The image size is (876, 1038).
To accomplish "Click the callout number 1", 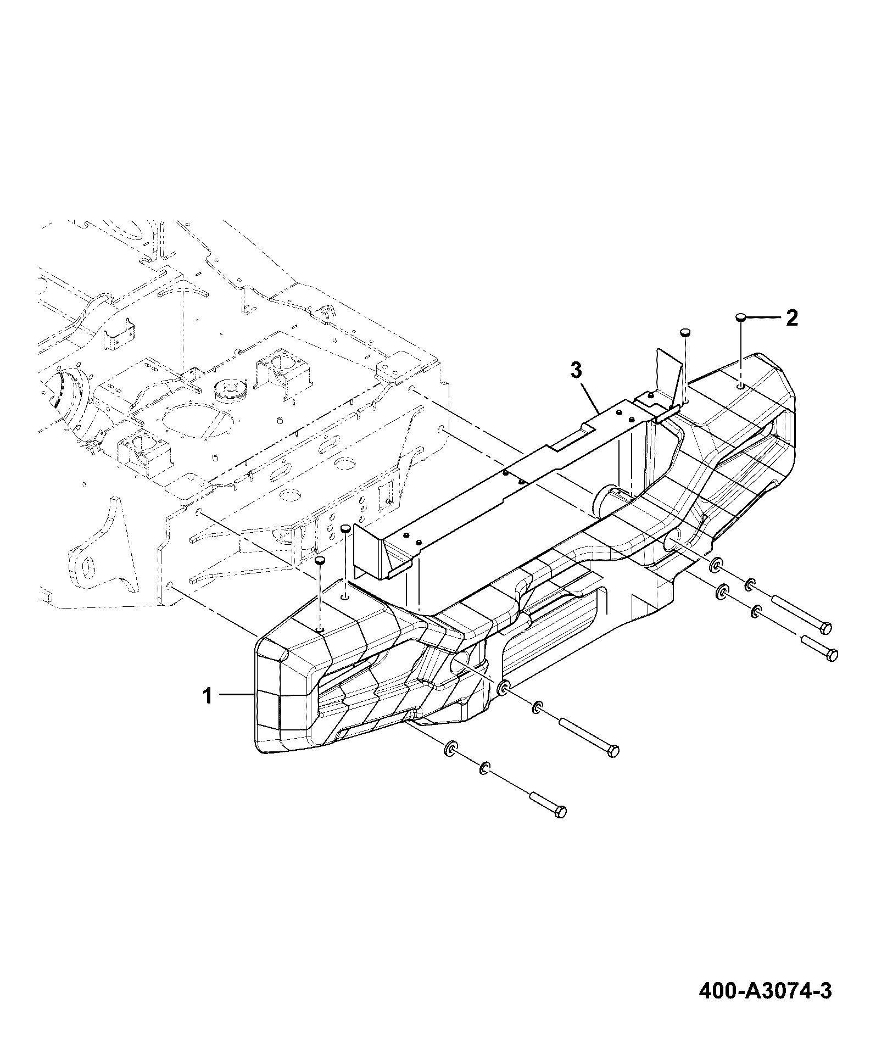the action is pyautogui.click(x=207, y=696).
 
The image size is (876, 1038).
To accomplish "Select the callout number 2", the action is pyautogui.click(x=791, y=318).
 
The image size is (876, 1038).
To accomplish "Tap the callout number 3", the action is pyautogui.click(x=576, y=371).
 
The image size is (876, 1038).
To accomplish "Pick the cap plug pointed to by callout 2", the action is pyautogui.click(x=741, y=317).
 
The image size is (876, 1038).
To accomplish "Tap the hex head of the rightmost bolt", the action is pyautogui.click(x=832, y=655).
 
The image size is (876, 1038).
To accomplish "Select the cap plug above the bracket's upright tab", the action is pyautogui.click(x=685, y=332).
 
